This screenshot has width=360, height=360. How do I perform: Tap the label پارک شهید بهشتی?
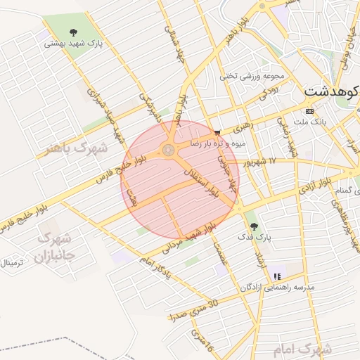coord(73,43)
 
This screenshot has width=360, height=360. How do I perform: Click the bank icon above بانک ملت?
coord(310,111)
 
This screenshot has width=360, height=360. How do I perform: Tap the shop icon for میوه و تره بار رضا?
coord(217,132)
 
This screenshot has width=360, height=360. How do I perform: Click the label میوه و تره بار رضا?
coord(213,143)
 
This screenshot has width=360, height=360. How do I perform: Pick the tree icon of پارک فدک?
coord(254,226)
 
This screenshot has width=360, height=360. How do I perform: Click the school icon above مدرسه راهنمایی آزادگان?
coord(277,276)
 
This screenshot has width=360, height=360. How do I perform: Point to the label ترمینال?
coord(11,263)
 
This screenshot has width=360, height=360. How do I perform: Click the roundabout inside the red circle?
coord(169,149)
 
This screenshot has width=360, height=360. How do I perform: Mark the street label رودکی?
coord(268,91)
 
